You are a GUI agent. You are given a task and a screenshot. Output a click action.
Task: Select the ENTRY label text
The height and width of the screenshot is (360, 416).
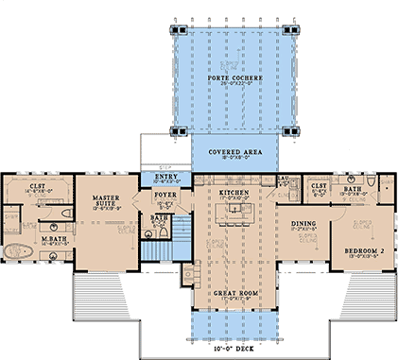pyautogui.click(x=166, y=176)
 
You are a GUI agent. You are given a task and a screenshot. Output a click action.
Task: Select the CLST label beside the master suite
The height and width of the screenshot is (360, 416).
pyautogui.click(x=38, y=187)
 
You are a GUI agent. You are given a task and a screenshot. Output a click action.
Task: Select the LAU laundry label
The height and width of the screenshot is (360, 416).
pyautogui.click(x=282, y=178)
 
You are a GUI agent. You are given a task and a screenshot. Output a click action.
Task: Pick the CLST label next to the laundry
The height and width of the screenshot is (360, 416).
pyautogui.click(x=319, y=186)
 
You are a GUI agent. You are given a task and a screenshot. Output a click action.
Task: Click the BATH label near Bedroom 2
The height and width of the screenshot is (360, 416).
pyautogui.click(x=353, y=189)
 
